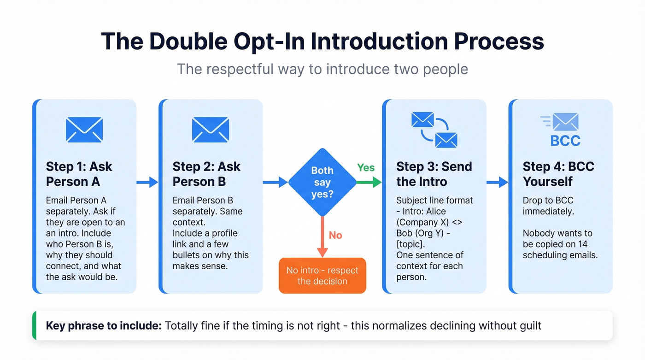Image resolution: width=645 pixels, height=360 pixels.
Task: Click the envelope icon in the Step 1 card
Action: tap(84, 129)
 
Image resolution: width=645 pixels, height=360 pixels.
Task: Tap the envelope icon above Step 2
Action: tap(211, 129)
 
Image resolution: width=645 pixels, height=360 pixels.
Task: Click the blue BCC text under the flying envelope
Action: tap(565, 140)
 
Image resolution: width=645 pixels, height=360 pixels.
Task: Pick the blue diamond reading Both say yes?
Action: tap(322, 183)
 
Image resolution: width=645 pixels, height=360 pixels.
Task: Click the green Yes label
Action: tap(366, 168)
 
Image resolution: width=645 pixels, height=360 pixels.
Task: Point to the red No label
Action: tap(335, 235)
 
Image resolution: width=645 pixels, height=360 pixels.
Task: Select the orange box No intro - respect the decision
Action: tap(322, 276)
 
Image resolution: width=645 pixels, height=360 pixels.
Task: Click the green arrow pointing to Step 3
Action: tap(370, 183)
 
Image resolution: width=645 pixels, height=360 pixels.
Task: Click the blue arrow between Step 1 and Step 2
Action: tap(147, 183)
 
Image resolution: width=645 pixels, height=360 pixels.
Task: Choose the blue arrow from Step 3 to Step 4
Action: tap(497, 183)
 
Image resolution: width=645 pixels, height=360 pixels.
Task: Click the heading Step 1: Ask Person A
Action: tap(79, 174)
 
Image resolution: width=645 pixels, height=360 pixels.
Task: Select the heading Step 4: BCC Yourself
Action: tap(558, 174)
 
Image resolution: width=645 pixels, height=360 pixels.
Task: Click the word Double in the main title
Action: tap(188, 41)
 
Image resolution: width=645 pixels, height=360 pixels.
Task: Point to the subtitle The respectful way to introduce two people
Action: tap(322, 69)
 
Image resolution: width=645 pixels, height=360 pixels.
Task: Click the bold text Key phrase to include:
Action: tap(104, 326)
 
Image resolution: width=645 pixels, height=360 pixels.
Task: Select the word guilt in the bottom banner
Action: tap(528, 326)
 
